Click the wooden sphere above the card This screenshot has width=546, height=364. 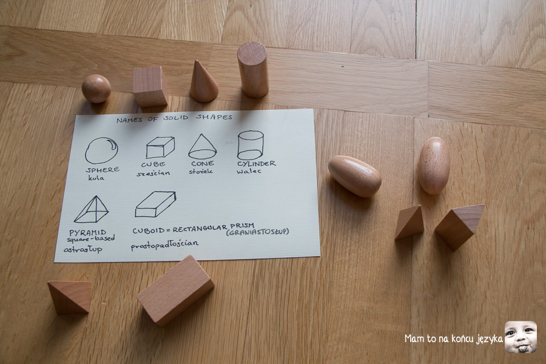pyautogui.click(x=96, y=89)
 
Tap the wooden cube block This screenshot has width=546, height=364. pyautogui.click(x=150, y=86)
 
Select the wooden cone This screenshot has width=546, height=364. pyautogui.click(x=203, y=83)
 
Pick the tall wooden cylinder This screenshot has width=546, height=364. pyautogui.click(x=253, y=70)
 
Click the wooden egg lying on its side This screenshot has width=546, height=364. pyautogui.click(x=354, y=176)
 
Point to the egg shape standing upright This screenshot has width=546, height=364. pyautogui.click(x=434, y=165)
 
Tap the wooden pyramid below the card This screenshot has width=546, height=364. pyautogui.click(x=70, y=297)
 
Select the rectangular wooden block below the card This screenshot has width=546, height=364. pyautogui.click(x=175, y=290)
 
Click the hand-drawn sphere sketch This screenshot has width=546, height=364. pyautogui.click(x=101, y=150)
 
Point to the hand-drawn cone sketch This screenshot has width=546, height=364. pyautogui.click(x=202, y=147)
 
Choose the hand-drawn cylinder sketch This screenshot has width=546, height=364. pyautogui.click(x=251, y=145)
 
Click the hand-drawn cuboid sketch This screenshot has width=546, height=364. pyautogui.click(x=155, y=204)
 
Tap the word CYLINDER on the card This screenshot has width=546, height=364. pyautogui.click(x=257, y=163)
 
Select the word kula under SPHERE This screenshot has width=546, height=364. pyautogui.click(x=96, y=178)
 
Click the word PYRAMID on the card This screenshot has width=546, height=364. pyautogui.click(x=88, y=232)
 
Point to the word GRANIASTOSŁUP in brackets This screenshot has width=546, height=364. pyautogui.click(x=258, y=232)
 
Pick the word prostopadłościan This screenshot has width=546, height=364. pyautogui.click(x=164, y=245)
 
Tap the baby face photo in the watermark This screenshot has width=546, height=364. pyautogui.click(x=521, y=337)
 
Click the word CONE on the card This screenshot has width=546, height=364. pyautogui.click(x=202, y=163)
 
